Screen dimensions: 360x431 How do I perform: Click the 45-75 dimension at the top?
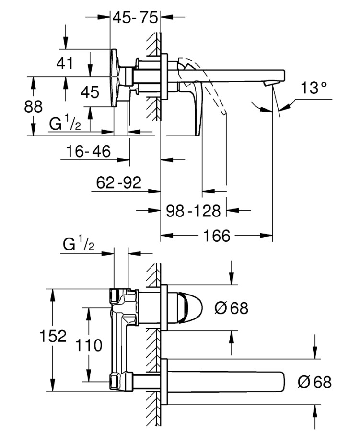tap(135, 17)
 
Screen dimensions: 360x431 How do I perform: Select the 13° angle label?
tap(314, 88)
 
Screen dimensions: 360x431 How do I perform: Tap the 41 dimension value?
tap(65, 63)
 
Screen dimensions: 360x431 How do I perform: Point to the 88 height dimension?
tap(33, 106)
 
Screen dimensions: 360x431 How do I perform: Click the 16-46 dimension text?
tap(88, 151)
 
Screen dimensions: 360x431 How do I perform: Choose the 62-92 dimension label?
tap(118, 182)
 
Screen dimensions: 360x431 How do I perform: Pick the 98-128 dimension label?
tap(193, 211)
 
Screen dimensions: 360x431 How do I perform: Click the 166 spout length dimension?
tap(217, 236)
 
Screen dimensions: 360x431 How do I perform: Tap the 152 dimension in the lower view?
tap(53, 336)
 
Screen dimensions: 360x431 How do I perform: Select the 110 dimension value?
tap(89, 345)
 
